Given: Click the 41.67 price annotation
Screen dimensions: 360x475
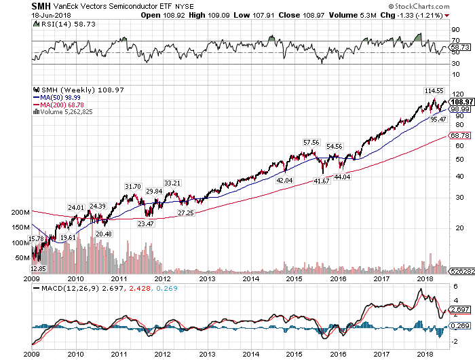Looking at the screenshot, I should point(320,181).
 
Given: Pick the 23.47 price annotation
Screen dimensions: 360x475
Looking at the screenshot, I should point(146,223).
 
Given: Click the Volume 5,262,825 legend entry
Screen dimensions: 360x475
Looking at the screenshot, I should point(66,111).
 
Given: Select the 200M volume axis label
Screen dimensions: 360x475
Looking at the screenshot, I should point(21,213).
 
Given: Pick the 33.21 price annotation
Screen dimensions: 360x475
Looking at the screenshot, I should point(173,183).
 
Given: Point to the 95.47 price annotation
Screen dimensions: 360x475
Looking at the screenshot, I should point(438,120).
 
